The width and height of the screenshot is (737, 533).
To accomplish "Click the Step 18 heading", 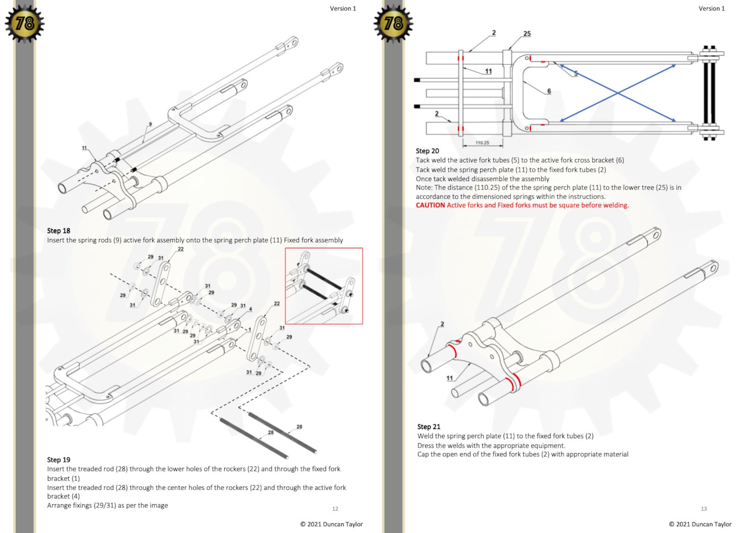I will click(58, 231).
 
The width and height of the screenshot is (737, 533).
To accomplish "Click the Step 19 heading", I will click(58, 460).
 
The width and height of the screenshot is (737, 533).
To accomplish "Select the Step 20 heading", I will click(427, 151).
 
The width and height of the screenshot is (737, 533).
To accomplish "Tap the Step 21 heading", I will click(428, 427).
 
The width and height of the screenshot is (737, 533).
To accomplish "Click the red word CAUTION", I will click(430, 205).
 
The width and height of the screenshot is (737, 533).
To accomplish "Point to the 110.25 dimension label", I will click(482, 143).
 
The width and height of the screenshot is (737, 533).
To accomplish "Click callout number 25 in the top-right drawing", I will click(527, 33).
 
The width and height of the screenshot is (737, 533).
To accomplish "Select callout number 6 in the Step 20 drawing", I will click(549, 91).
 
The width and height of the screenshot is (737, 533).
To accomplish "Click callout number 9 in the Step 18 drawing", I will click(150, 124).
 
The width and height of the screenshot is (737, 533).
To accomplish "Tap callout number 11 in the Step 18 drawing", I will click(84, 148).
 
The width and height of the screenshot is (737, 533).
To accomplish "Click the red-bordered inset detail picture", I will click(323, 286).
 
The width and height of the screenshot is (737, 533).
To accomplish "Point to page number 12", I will click(335, 509).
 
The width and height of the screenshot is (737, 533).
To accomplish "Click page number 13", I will click(704, 509).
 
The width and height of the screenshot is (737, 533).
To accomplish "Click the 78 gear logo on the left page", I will click(25, 23).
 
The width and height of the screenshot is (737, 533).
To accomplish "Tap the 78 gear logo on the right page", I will click(394, 23).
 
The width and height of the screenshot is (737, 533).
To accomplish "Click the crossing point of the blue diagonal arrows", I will click(618, 93).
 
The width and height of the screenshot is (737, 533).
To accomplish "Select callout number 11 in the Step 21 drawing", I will click(449, 378).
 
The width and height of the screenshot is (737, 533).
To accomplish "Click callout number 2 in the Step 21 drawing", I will click(442, 324).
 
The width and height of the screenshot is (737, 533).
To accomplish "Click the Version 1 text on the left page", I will click(343, 8).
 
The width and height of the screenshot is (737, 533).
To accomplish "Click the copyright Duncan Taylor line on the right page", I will click(700, 524).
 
